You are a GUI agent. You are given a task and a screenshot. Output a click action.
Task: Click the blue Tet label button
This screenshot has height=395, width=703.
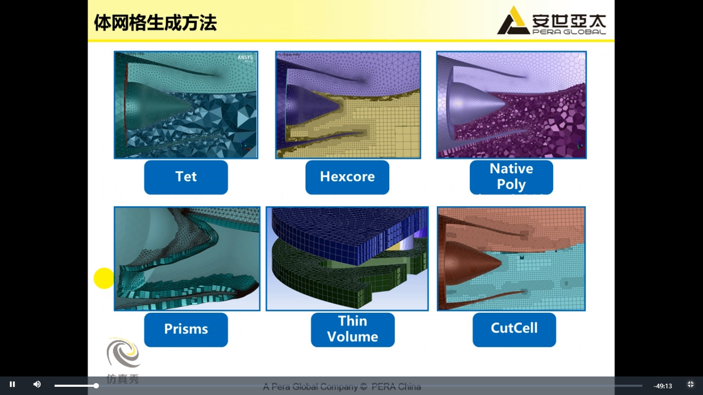pos(186,177)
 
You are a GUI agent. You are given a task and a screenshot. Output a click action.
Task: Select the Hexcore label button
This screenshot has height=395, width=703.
pos(347,177)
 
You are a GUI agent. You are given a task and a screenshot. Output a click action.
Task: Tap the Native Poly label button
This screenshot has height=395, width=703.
pos(511,177)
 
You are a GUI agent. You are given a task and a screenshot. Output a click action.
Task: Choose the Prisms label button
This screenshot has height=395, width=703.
pos(186,329)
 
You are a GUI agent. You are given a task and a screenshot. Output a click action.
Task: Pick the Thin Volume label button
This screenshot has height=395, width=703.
pos(353,329)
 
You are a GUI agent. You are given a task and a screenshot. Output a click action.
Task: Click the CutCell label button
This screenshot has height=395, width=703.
pos(514,329)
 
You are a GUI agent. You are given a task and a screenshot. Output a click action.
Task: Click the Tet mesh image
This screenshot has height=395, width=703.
pos(186,104)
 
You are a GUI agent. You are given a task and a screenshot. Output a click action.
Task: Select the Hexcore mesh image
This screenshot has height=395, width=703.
pos(348,104)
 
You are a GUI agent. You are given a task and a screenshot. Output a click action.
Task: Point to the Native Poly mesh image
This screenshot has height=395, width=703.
pos(511,104)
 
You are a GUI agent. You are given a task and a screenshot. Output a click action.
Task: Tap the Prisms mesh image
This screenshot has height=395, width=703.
pos(187,258)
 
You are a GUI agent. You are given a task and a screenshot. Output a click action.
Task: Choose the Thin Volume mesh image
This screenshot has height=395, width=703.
pos(347,258)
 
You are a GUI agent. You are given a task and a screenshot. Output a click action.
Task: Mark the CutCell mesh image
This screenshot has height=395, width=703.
pos(511,258)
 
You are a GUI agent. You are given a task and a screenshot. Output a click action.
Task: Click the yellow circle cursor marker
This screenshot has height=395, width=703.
pos(103,278)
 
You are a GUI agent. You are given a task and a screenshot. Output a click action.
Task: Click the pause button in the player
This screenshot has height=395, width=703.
pos(12,385)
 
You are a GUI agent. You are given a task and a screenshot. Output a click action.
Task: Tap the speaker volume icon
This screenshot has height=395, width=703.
pos(37,385)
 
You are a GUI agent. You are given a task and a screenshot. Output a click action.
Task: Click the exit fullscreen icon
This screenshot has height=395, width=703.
pos(691,385)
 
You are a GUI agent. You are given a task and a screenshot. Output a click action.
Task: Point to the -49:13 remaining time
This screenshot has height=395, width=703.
pos(663,386)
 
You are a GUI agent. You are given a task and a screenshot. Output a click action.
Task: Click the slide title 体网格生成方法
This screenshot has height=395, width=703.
pos(155,23)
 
